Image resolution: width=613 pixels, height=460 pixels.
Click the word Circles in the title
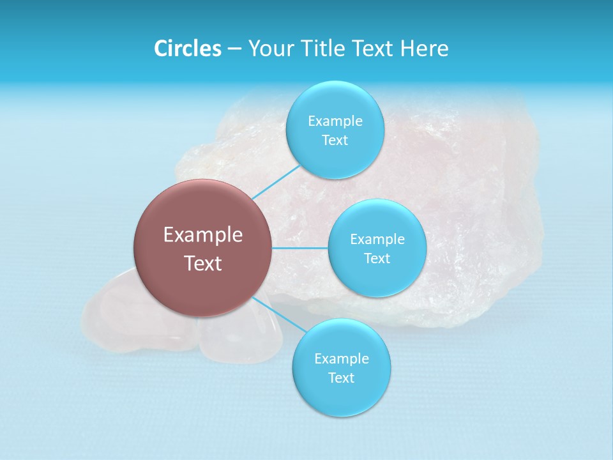(x=187, y=49)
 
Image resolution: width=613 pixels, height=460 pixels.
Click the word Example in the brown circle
(x=203, y=235)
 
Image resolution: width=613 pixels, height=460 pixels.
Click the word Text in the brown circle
(x=203, y=263)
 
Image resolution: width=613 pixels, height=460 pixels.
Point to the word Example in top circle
(x=335, y=121)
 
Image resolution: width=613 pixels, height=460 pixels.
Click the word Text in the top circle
(x=335, y=141)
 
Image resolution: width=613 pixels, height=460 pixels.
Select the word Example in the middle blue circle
(x=377, y=240)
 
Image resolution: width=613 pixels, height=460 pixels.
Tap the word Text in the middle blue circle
(x=377, y=259)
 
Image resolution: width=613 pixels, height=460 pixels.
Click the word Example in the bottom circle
(x=341, y=359)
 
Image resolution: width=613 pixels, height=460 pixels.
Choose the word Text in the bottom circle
(x=341, y=378)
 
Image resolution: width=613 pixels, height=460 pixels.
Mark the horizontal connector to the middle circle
(x=299, y=248)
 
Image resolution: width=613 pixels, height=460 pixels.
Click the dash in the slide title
(x=234, y=49)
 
